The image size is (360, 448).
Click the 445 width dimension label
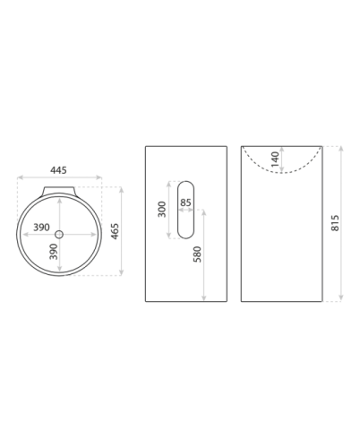click(x=58, y=170)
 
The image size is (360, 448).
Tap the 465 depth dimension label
click(x=115, y=231)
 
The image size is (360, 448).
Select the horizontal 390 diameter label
click(x=41, y=228)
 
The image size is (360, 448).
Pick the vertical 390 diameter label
click(x=54, y=252)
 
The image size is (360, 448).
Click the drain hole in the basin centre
click(x=59, y=235)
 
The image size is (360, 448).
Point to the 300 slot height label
click(x=161, y=210)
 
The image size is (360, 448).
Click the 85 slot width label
click(x=185, y=202)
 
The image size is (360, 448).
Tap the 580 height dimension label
click(x=197, y=254)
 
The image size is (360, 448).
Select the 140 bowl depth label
click(x=275, y=159)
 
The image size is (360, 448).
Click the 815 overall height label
click(x=335, y=223)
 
